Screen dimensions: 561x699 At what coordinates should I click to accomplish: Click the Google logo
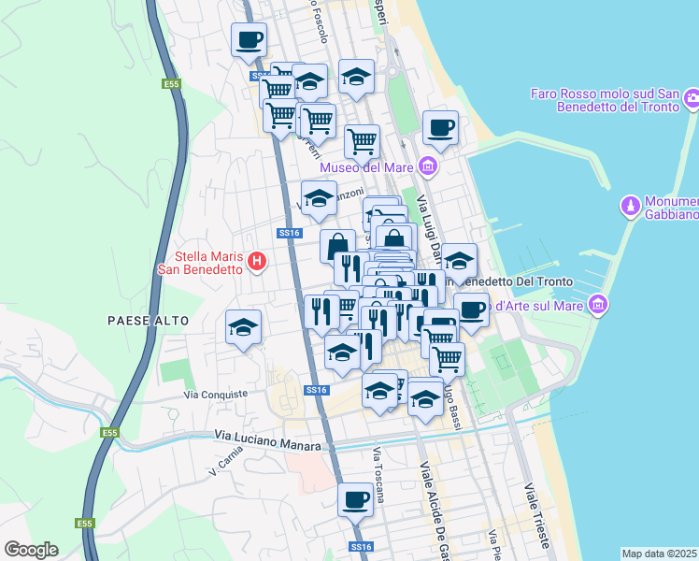point(31,550)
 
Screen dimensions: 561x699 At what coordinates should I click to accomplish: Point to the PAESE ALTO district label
point(148,321)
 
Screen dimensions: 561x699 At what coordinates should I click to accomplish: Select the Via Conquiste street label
point(217,395)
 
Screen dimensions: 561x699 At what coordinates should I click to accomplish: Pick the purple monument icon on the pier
point(631,205)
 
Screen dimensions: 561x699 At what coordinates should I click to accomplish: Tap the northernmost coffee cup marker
point(249,40)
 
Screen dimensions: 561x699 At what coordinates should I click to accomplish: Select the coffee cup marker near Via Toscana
point(355,500)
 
